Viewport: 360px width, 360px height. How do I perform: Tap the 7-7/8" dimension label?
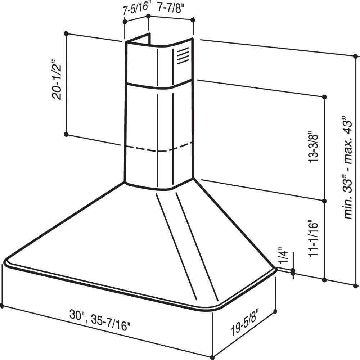[x=171, y=8]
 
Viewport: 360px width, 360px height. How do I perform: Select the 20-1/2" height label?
[x=57, y=80]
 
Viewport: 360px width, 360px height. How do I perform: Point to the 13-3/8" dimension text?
[x=313, y=147]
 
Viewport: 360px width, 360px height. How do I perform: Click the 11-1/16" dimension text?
[x=313, y=239]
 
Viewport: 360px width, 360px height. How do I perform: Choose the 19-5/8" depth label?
[x=245, y=322]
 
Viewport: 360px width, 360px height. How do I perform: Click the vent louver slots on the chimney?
[x=183, y=56]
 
